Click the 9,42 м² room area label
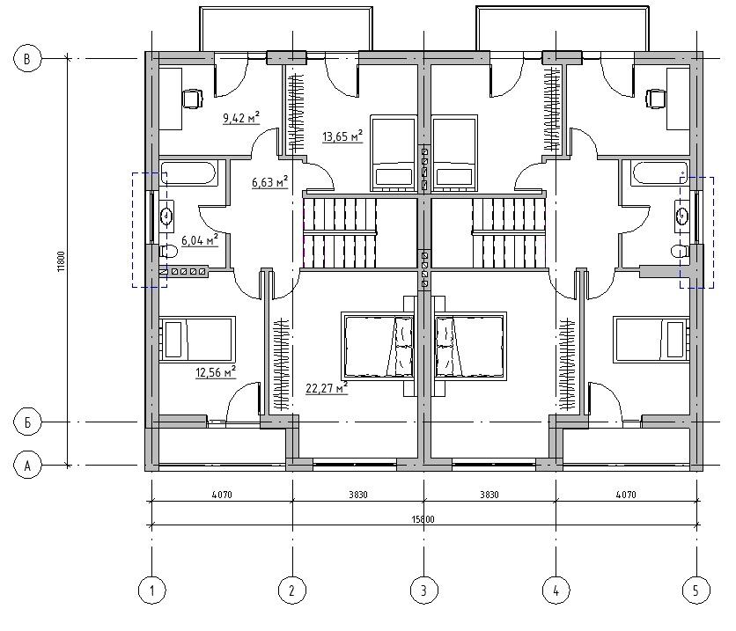tap(241, 118)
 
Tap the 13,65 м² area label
tap(342, 136)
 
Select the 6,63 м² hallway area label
tap(269, 181)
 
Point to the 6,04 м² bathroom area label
tap(200, 240)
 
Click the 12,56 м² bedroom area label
tap(216, 372)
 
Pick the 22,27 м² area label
tap(327, 388)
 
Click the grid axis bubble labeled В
tap(27, 59)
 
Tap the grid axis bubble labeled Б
tap(27, 422)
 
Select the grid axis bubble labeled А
tap(27, 466)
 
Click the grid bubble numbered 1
tap(152, 591)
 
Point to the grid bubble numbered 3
tap(423, 591)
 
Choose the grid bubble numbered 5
tap(696, 591)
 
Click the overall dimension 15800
tap(423, 519)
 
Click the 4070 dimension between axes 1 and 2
tap(222, 495)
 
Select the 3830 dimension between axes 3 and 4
tap(489, 495)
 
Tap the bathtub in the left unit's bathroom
tap(188, 173)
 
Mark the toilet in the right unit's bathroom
tap(679, 252)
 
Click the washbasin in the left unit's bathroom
tap(166, 216)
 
